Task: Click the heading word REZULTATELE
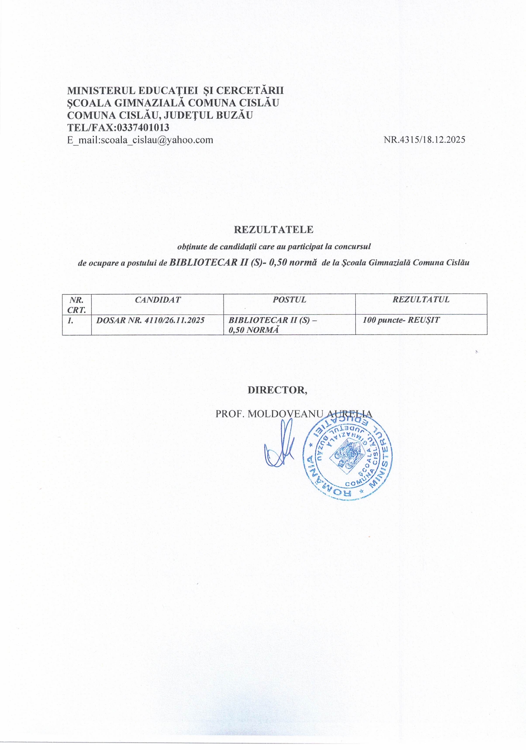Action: coord(274,230)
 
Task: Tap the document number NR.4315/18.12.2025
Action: coord(424,140)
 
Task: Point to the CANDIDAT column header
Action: coord(158,300)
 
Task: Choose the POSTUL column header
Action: coord(289,300)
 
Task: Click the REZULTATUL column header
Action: coord(421,300)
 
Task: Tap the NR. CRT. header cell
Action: coord(77,304)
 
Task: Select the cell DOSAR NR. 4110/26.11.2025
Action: coord(151,320)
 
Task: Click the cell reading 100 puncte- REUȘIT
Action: coord(401,320)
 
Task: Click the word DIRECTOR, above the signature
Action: coord(277,390)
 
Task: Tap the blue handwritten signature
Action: coord(279,447)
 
